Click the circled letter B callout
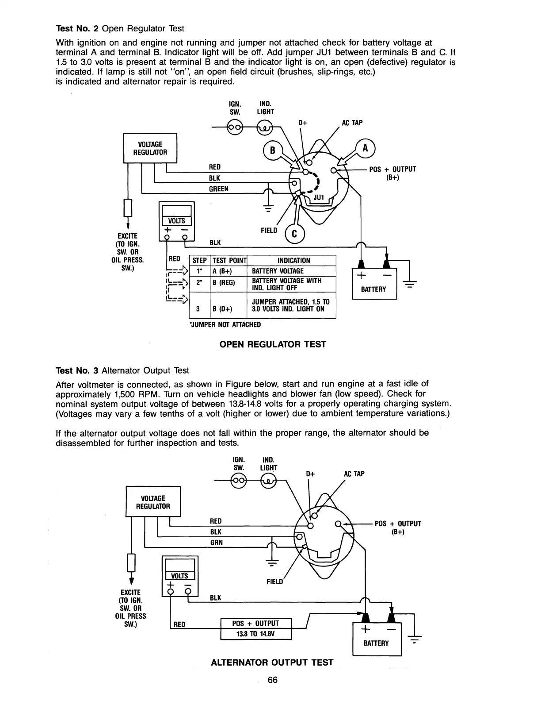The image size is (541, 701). [273, 150]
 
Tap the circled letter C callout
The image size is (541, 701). [296, 235]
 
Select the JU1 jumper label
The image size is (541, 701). [319, 198]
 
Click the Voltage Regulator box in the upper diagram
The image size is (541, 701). [150, 148]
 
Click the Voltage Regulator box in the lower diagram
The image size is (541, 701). [153, 502]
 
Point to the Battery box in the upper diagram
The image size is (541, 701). [374, 284]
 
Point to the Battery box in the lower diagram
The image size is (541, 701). [377, 638]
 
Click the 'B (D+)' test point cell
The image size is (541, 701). [222, 309]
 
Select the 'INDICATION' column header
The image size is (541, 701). [293, 261]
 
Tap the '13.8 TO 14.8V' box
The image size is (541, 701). [256, 634]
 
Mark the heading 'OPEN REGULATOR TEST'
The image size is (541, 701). [273, 344]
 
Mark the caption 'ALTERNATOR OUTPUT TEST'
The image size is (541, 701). [272, 662]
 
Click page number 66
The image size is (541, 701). [272, 680]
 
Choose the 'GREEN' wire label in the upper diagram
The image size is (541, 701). [219, 189]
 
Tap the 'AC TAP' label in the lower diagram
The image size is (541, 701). [354, 474]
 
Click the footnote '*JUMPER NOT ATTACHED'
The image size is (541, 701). [225, 324]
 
